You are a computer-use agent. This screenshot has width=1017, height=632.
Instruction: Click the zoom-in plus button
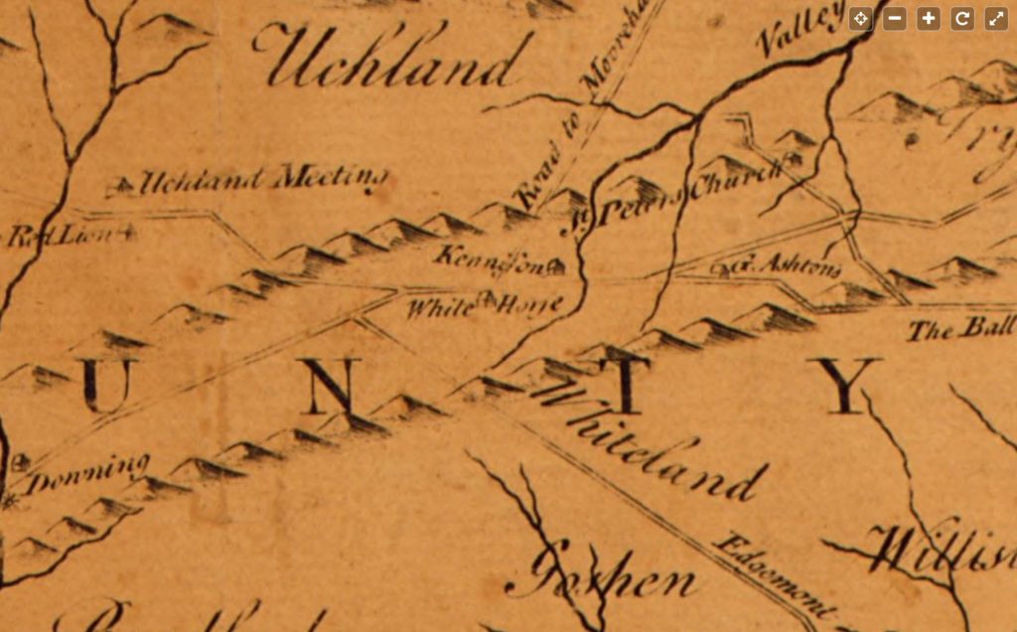coord(928,18)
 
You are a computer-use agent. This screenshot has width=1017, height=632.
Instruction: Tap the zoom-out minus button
coord(894,18)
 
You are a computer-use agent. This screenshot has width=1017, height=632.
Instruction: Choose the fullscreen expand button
coord(995,18)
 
